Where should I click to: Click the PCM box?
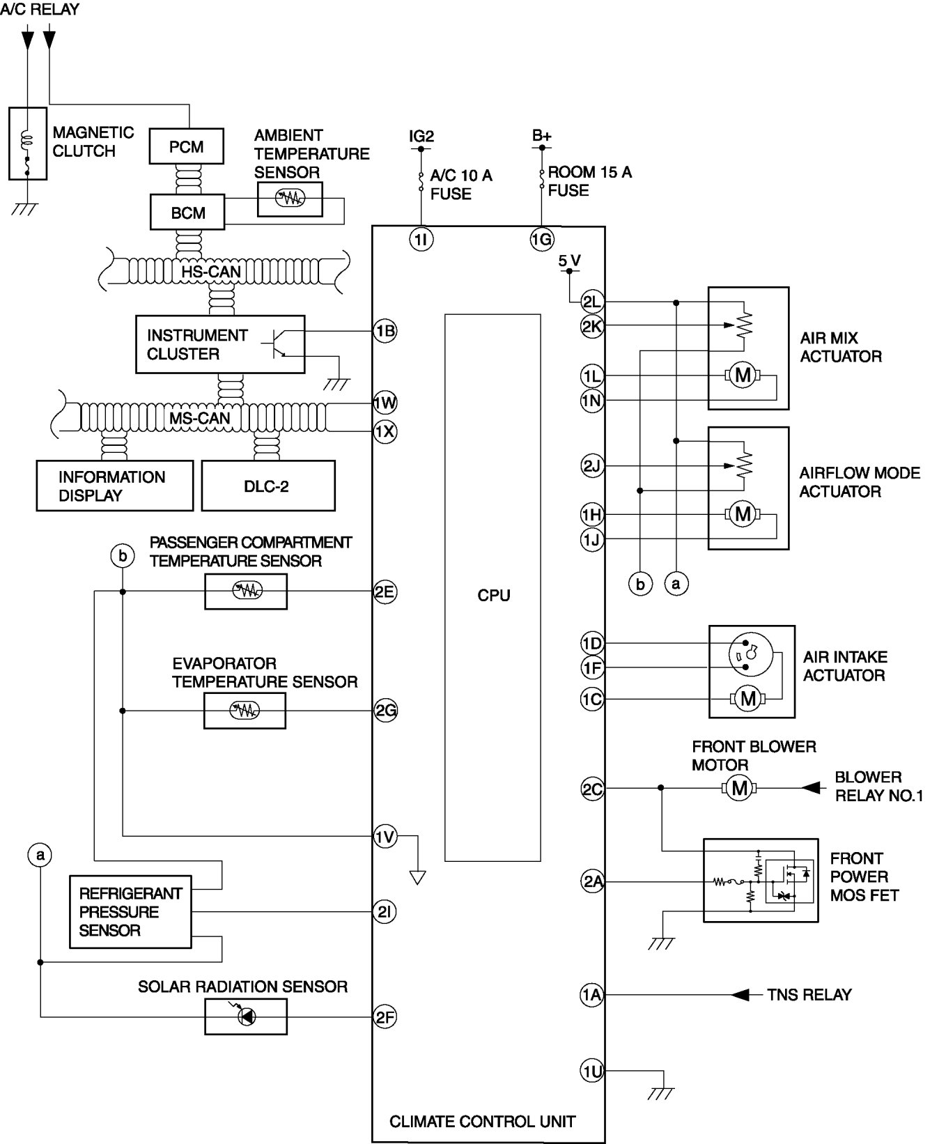[187, 146]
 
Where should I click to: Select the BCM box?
[187, 212]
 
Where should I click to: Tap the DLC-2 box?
[268, 486]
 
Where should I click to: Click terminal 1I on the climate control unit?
[421, 240]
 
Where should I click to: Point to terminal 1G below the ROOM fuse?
[541, 240]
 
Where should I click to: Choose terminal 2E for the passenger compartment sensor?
[385, 592]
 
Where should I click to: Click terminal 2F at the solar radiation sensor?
[385, 1017]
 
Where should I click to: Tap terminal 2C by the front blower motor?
[592, 789]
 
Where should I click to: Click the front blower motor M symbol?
[739, 789]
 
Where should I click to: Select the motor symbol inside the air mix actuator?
[743, 376]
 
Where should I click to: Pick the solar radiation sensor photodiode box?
[245, 1017]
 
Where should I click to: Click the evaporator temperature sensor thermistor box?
[245, 711]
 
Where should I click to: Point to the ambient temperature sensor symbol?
[290, 199]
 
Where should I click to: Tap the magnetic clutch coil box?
[28, 144]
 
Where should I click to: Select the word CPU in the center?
[494, 596]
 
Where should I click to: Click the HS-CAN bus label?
[211, 271]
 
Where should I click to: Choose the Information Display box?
[114, 486]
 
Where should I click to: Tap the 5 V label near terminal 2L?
[569, 261]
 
